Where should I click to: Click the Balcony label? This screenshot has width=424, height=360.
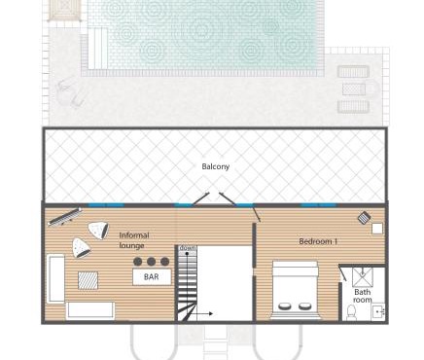click(216, 166)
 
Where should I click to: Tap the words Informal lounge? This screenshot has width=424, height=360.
click(134, 240)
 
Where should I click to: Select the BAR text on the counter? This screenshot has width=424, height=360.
click(151, 277)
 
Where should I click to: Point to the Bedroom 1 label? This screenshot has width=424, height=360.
click(318, 240)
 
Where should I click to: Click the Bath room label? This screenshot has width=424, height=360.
click(362, 296)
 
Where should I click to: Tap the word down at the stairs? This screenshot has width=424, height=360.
click(187, 249)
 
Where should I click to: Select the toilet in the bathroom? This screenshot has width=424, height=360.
click(352, 312)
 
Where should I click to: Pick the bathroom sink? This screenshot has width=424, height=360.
click(378, 312)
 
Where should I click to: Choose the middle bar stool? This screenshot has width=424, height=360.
click(152, 261)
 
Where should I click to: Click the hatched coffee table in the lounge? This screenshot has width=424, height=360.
click(88, 279)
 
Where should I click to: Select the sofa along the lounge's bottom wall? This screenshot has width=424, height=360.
click(90, 310)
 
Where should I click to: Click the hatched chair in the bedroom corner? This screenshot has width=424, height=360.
click(364, 218)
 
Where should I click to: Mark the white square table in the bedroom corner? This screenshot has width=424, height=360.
click(377, 229)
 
